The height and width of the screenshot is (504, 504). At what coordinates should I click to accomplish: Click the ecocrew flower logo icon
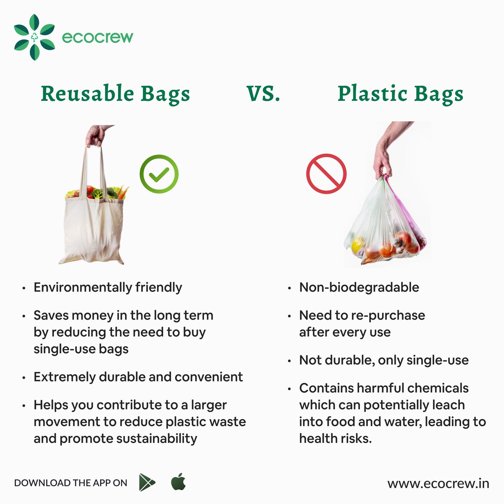[x=34, y=37]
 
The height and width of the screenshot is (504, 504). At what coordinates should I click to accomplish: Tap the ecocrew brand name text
[x=97, y=37]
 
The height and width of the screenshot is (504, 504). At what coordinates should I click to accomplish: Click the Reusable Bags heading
[x=115, y=94]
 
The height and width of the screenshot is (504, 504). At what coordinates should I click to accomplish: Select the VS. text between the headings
[x=263, y=94]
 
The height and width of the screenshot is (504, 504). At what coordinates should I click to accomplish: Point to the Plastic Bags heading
[x=400, y=94]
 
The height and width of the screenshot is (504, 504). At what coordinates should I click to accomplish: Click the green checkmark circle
[x=159, y=174]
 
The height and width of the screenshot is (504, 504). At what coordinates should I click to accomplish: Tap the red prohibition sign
[x=326, y=174]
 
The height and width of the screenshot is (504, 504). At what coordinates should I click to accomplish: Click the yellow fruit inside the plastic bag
[x=357, y=244]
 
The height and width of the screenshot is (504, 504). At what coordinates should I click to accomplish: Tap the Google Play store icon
[x=147, y=483]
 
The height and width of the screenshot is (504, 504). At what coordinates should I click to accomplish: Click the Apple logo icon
[x=178, y=482]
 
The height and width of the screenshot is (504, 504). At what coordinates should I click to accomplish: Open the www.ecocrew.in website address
[x=438, y=483]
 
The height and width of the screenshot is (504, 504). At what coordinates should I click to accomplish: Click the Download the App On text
[x=71, y=483]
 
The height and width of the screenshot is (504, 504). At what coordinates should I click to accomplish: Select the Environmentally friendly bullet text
[x=108, y=288]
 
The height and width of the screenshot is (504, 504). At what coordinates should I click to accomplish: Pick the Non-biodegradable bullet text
[x=359, y=288]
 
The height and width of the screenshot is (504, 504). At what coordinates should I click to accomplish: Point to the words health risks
[x=335, y=438]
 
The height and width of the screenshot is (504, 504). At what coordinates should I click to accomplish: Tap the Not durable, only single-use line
[x=384, y=360]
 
